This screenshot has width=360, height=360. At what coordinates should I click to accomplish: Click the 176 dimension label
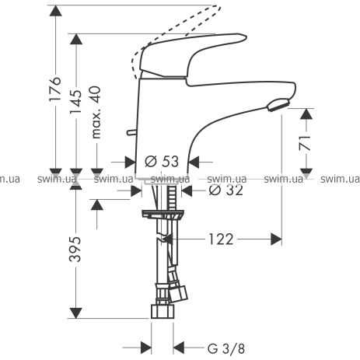[x=55, y=89]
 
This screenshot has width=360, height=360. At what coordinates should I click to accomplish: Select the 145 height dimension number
[x=75, y=102]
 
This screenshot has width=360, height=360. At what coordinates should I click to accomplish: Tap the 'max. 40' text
[x=96, y=112]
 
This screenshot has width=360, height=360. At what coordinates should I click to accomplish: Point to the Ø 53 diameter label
[x=162, y=161]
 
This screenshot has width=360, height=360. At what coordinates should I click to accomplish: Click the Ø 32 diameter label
[x=226, y=190]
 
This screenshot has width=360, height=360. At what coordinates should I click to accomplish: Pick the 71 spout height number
[x=305, y=143]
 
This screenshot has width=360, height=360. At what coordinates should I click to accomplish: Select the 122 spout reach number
[x=221, y=239]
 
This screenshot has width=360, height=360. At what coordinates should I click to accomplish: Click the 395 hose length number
[x=75, y=249]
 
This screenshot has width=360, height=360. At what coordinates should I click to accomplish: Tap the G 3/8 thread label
[x=226, y=348]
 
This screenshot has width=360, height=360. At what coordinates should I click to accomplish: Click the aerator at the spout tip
[x=278, y=104]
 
